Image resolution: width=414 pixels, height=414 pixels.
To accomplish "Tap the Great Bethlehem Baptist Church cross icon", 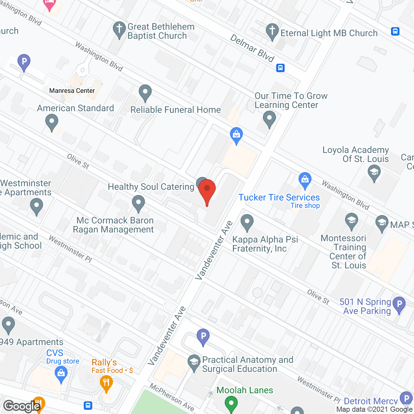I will pos(119,29).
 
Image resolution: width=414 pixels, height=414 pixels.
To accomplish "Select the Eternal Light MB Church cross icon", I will pos(272,31).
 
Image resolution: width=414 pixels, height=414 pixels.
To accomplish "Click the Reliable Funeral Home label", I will pos(175,110).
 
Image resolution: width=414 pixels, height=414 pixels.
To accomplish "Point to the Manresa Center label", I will pos(72,91).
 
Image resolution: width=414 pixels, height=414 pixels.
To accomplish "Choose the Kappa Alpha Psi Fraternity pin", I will pos(247,222).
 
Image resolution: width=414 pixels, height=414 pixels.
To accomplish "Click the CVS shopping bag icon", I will pos(61,373).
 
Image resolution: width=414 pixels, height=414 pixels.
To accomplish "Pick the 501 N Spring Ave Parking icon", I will pos(399,304).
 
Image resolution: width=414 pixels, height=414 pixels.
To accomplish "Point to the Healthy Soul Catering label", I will pos(151,187).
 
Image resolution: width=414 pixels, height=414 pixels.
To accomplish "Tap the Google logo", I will pos(22,406).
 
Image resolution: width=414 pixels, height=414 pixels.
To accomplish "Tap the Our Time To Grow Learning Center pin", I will pos(269,119).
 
